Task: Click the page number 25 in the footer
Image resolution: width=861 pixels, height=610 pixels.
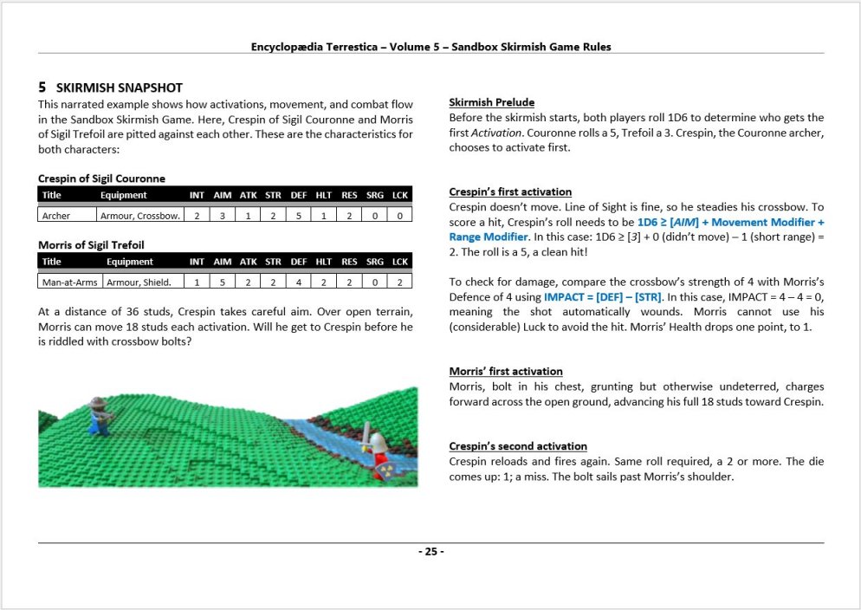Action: click(x=430, y=552)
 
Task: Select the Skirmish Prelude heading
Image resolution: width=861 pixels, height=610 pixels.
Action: click(x=491, y=102)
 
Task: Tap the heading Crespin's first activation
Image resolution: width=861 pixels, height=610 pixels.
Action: click(x=510, y=191)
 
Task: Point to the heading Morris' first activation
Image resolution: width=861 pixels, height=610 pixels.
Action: click(x=506, y=371)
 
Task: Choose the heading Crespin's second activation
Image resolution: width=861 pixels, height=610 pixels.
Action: click(x=517, y=445)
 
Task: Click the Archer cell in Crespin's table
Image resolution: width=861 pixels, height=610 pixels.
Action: click(x=56, y=215)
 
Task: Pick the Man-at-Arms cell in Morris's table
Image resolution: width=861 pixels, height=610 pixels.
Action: click(x=70, y=281)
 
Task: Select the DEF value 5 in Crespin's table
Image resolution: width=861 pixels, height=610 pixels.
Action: click(x=298, y=215)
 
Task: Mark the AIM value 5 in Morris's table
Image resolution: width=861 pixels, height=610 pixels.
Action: click(x=222, y=281)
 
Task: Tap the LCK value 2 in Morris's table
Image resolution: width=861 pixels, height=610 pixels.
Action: click(x=399, y=281)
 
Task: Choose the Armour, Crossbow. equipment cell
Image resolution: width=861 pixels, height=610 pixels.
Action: click(x=140, y=215)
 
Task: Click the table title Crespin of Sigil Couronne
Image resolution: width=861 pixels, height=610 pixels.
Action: click(x=101, y=178)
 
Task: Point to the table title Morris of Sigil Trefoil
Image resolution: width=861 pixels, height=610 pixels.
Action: click(x=91, y=244)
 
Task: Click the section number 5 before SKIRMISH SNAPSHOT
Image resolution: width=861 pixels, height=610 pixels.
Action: click(x=42, y=88)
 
